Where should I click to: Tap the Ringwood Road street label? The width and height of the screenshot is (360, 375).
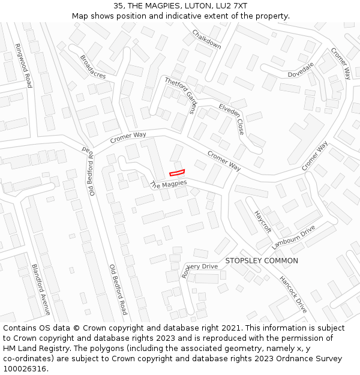[x=23, y=65]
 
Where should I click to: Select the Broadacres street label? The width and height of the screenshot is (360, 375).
[x=92, y=67]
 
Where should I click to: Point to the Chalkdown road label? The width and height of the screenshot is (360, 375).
[x=206, y=39]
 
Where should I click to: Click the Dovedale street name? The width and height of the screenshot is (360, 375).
[x=301, y=70]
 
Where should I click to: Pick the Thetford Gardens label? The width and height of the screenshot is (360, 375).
[x=181, y=95]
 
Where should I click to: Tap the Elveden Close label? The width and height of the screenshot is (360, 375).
[x=231, y=119]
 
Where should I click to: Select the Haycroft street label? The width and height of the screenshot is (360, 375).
[x=263, y=221]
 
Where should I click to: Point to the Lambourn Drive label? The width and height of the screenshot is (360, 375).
[x=293, y=238]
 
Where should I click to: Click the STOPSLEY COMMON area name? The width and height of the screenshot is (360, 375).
[x=261, y=261]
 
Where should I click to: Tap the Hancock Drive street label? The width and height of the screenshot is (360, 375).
[x=293, y=294]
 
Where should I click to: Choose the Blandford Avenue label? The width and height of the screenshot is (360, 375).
[x=41, y=290]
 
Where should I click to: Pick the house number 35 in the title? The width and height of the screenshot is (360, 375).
[x=118, y=6]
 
